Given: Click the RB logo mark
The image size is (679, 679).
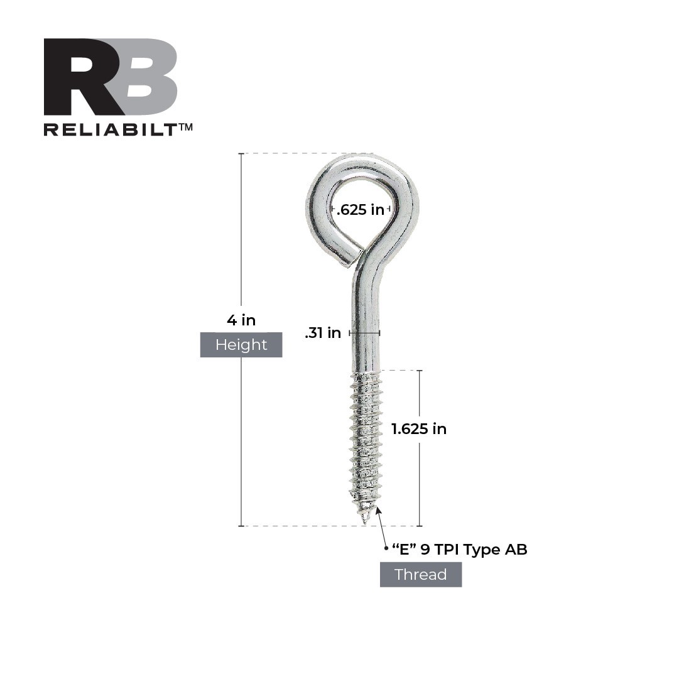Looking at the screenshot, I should [x=110, y=77].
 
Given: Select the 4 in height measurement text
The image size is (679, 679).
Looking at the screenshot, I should [x=241, y=320].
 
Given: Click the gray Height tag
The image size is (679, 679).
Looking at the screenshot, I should [x=241, y=344].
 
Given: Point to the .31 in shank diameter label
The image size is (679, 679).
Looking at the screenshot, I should [x=323, y=333].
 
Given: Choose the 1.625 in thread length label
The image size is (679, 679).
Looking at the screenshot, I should [x=419, y=429].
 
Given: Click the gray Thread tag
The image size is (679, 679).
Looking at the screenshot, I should [x=420, y=574].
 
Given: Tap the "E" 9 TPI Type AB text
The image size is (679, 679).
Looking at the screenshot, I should [x=459, y=550].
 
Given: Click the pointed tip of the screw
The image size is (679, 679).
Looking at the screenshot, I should [x=365, y=521].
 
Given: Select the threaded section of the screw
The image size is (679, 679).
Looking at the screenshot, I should [x=365, y=440].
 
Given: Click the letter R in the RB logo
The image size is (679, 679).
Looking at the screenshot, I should [x=79, y=77].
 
